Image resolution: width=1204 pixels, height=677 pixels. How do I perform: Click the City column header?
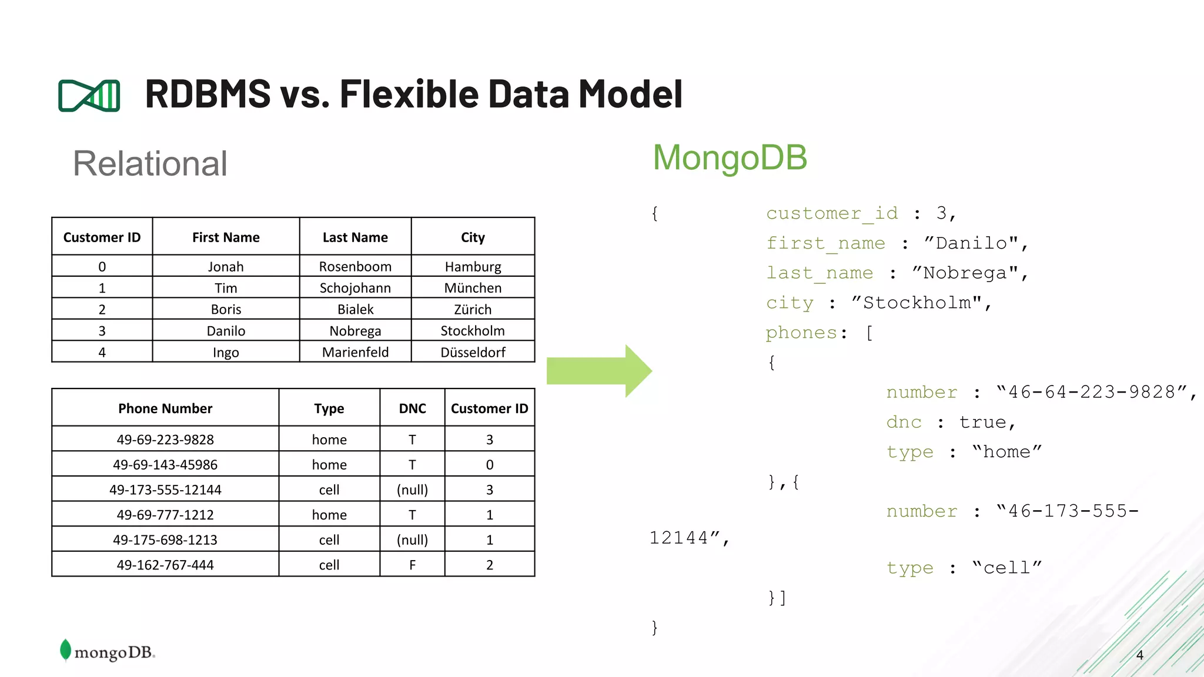pos(473,237)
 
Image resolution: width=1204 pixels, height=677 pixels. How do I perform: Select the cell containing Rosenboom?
pos(355,266)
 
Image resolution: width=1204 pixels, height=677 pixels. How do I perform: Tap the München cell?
pos(473,288)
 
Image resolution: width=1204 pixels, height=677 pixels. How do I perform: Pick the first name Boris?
pos(226,309)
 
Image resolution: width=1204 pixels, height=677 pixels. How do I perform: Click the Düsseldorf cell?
pos(473,352)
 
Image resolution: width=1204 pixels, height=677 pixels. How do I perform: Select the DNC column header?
pos(412,408)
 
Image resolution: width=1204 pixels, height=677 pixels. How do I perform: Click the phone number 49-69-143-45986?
pos(165,465)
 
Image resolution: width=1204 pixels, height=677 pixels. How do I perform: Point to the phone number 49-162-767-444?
pos(165,565)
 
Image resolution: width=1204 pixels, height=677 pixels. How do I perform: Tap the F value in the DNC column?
pos(412,565)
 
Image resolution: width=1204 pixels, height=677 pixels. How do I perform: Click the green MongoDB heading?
pos(730,157)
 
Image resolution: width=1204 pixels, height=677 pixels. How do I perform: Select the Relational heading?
pos(150,163)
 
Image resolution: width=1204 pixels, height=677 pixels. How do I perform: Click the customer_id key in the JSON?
pos(832,213)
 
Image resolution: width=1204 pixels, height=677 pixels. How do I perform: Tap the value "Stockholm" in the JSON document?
pos(917,303)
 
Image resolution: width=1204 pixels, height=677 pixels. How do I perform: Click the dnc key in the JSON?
pos(904,422)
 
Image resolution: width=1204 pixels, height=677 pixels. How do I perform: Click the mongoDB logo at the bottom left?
pos(108,651)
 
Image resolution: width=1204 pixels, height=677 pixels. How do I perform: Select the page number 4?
pos(1139,655)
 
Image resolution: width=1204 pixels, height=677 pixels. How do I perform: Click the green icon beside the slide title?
pos(89,95)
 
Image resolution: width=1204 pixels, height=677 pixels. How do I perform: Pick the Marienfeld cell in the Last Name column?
pos(355,352)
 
